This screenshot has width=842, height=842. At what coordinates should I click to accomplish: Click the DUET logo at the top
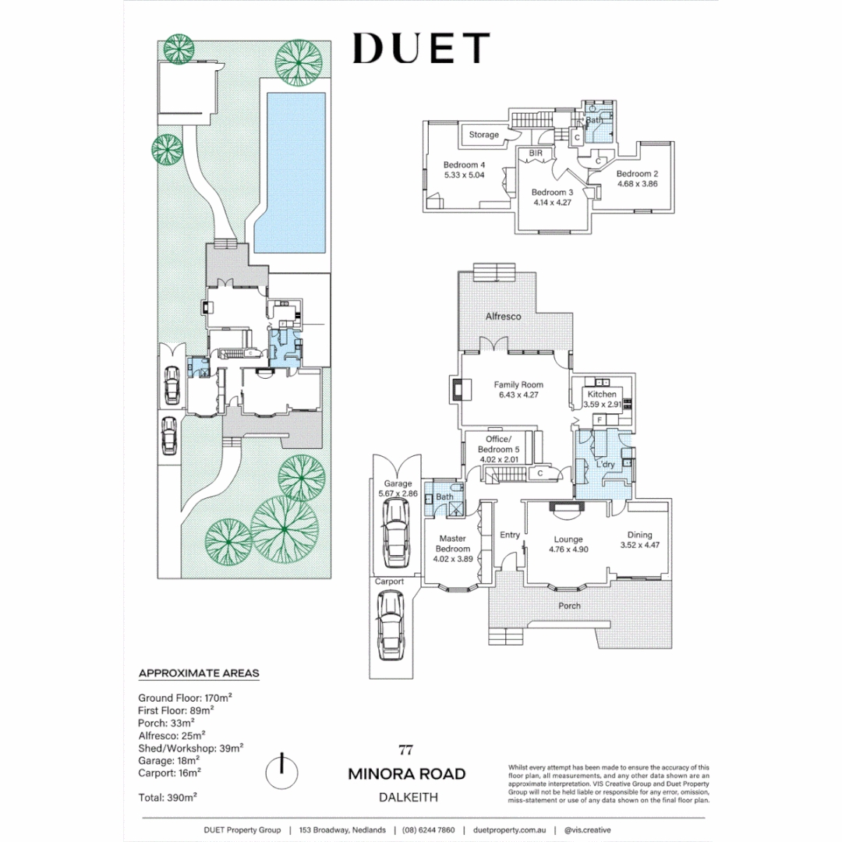[x=421, y=48]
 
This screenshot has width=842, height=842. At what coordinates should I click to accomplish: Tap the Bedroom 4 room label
[x=465, y=165]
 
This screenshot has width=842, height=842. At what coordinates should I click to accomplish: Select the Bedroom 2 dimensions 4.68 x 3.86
[x=638, y=185]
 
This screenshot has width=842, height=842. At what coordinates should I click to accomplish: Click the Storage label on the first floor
[x=483, y=135]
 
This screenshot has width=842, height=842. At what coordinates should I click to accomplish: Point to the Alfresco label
[x=503, y=317]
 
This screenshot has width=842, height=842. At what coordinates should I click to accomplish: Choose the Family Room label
[x=518, y=384]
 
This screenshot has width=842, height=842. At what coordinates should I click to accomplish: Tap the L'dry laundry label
[x=606, y=465]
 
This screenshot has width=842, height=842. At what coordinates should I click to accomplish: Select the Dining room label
[x=641, y=535]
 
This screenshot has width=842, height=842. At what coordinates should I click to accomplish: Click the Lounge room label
[x=568, y=540]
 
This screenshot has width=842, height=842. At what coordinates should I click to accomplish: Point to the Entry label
[x=510, y=535]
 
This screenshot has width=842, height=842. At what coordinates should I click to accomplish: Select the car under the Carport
[x=389, y=624]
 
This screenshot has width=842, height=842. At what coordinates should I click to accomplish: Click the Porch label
[x=569, y=606]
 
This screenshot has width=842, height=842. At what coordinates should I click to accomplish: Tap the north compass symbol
[x=282, y=772]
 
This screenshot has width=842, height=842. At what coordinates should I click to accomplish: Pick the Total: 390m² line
[x=168, y=798]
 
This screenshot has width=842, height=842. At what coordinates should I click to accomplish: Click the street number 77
[x=405, y=752]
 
